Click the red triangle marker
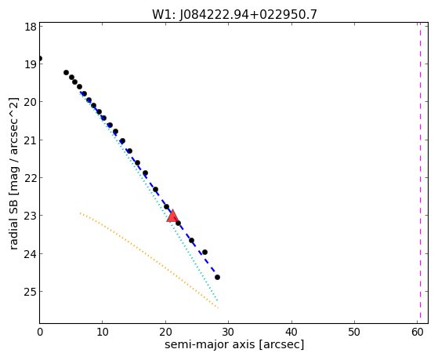click(x=172, y=216)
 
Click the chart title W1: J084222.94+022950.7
click(x=234, y=15)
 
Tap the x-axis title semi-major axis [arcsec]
click(x=234, y=344)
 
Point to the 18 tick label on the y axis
click(x=31, y=27)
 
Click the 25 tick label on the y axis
click(x=31, y=292)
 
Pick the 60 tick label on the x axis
click(x=418, y=333)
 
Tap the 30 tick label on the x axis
click(x=229, y=333)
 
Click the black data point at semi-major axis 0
click(x=40, y=59)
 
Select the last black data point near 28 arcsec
click(x=217, y=277)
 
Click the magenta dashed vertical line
click(x=420, y=173)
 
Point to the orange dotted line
click(x=149, y=260)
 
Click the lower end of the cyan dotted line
click(x=217, y=300)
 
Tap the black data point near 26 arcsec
click(x=205, y=252)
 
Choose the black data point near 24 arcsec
click(x=191, y=240)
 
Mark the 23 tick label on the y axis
click(x=31, y=216)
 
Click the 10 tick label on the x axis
click(x=103, y=333)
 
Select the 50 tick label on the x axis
click(x=354, y=333)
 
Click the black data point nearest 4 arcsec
click(x=66, y=72)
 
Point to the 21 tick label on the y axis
click(x=31, y=140)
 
